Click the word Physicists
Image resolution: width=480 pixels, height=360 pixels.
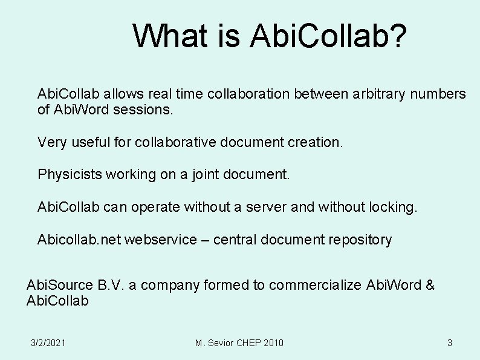(x=70, y=175)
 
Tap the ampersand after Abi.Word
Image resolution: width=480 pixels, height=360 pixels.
(x=430, y=285)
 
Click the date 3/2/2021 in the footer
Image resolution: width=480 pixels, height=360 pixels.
(x=48, y=343)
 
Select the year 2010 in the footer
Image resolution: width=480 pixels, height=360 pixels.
(x=273, y=343)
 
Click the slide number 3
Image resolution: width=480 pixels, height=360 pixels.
(x=449, y=343)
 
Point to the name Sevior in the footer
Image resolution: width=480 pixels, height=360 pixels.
(x=221, y=343)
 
